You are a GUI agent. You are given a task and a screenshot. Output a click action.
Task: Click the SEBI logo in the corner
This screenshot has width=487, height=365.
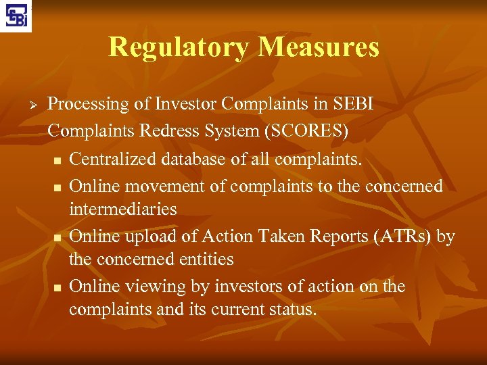click(x=17, y=16)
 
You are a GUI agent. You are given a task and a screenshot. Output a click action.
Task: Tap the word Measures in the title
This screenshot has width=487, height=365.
click(x=319, y=47)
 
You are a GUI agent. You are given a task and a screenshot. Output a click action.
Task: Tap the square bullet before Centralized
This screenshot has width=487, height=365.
click(x=57, y=160)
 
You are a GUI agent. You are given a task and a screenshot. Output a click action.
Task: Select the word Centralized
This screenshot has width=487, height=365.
click(x=114, y=159)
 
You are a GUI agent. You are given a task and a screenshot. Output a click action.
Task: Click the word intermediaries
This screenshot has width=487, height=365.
click(x=122, y=209)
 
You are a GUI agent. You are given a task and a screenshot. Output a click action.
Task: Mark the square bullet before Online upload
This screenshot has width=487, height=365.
click(x=57, y=238)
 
